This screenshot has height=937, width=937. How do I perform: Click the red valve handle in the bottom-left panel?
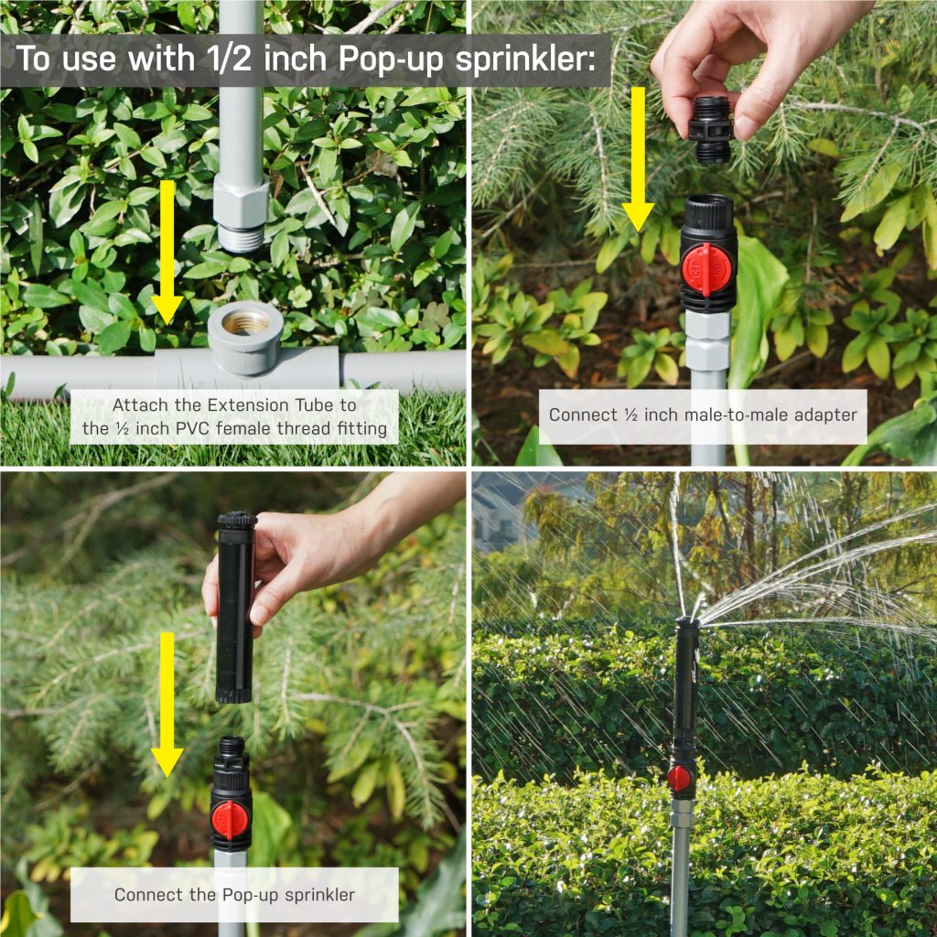tap(230, 819)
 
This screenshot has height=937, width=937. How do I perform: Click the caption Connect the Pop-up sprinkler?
tap(234, 894)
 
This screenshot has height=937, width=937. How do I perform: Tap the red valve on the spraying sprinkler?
tap(678, 778)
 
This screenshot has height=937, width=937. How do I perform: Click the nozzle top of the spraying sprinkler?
tap(687, 623)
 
